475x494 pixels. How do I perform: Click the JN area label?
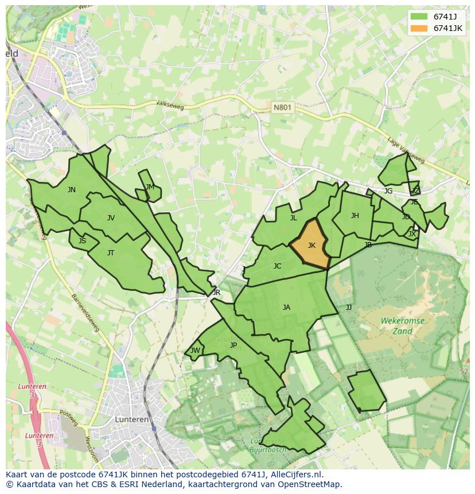(x=71, y=190)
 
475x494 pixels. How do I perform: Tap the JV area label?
(x=111, y=217)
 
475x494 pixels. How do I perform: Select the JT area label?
(x=111, y=252)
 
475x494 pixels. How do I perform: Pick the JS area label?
(x=82, y=241)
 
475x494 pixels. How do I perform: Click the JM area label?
(x=150, y=187)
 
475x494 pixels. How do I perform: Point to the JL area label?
(x=293, y=217)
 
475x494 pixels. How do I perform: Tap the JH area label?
(x=355, y=216)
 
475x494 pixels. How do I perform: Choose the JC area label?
(x=277, y=266)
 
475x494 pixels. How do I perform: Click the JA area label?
(x=286, y=307)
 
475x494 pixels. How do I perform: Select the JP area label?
(x=233, y=345)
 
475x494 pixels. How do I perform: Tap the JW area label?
(x=195, y=351)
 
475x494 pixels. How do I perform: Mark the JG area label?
(x=388, y=191)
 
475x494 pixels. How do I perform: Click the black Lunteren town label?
(x=132, y=419)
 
